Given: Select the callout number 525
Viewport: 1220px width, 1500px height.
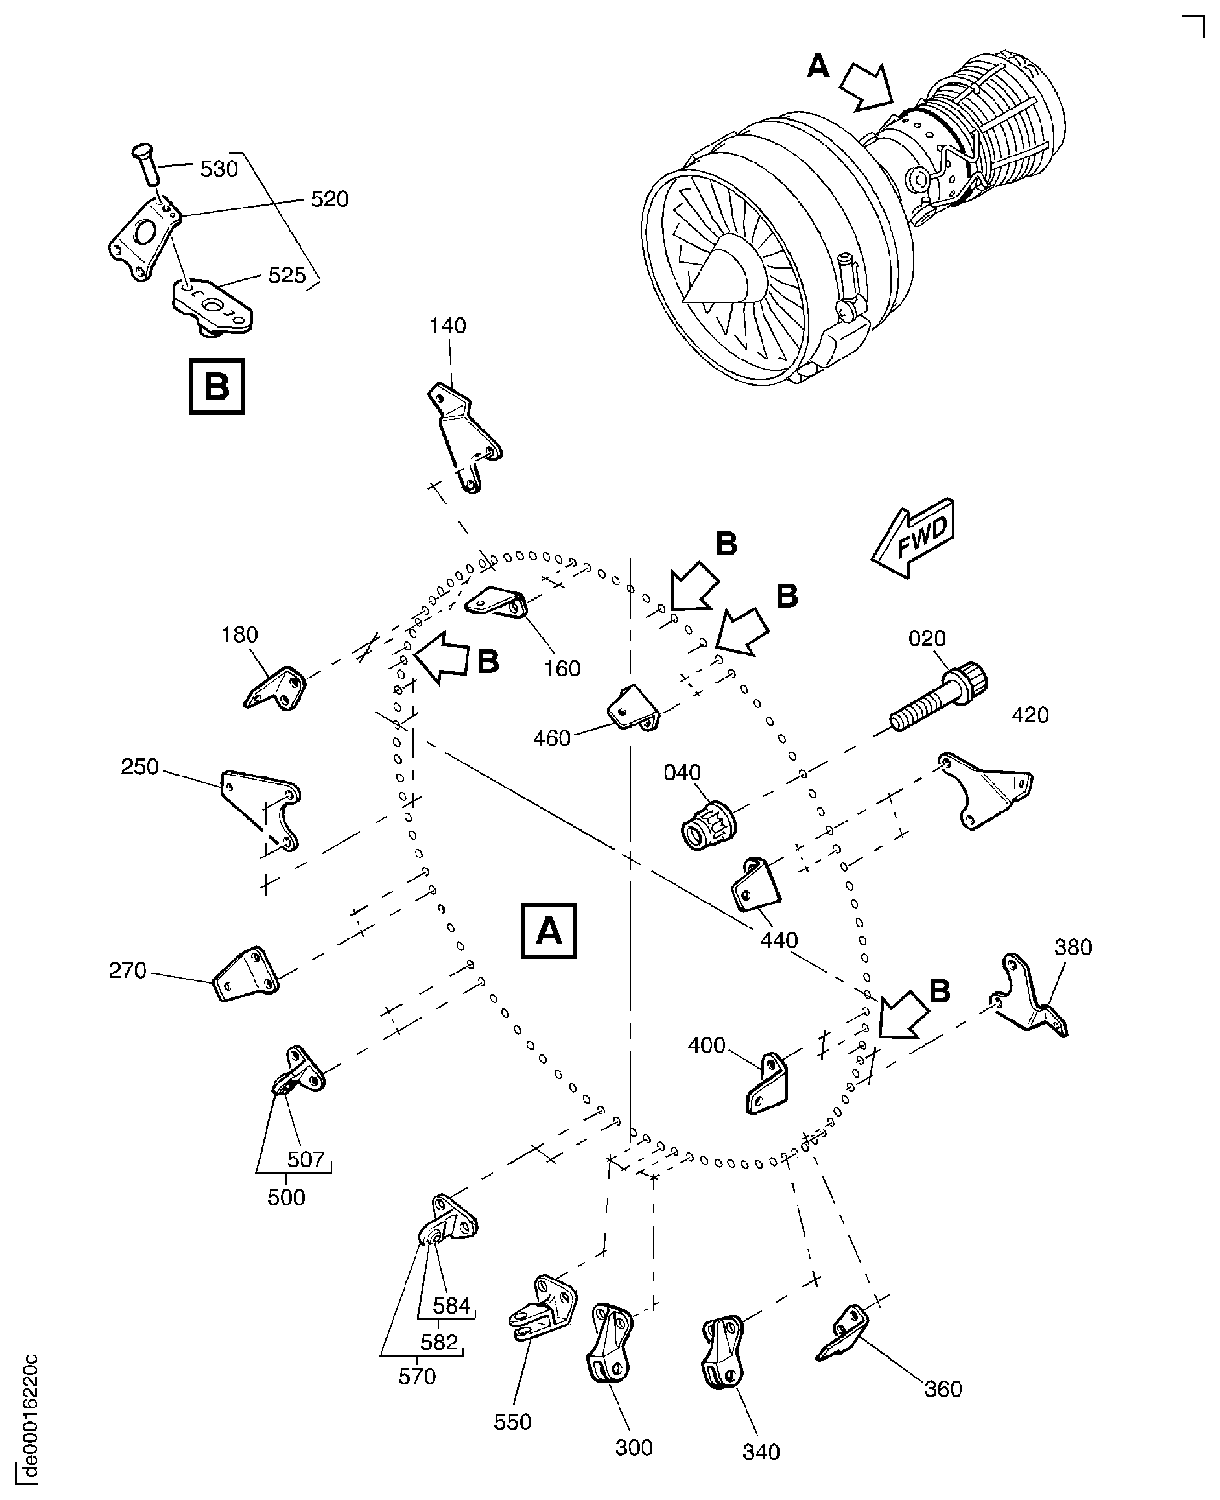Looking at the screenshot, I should pos(287,276).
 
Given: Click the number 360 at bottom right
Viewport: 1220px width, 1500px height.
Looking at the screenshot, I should pos(942,1389).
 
